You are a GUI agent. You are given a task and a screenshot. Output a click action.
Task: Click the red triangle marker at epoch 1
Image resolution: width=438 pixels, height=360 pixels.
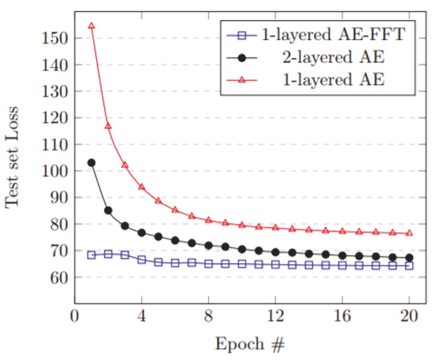pyautogui.click(x=91, y=26)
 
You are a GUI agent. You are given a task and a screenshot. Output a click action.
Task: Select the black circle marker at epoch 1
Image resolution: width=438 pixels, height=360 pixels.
pyautogui.click(x=91, y=163)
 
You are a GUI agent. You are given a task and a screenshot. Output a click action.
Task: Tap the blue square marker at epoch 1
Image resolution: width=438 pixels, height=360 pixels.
pyautogui.click(x=91, y=255)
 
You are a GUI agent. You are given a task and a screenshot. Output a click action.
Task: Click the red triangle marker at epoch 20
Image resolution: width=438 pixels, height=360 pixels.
pyautogui.click(x=409, y=232)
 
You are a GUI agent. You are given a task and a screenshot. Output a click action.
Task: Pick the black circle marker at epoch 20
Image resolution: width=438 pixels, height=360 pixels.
pyautogui.click(x=409, y=258)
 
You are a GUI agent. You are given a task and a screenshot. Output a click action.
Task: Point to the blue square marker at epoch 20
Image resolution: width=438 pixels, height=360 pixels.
pyautogui.click(x=409, y=266)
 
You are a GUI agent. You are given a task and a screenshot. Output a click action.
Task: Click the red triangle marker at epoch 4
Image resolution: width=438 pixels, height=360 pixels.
pyautogui.click(x=142, y=186)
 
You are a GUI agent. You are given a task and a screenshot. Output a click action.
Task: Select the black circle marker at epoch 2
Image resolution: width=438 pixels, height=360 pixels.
pyautogui.click(x=108, y=210)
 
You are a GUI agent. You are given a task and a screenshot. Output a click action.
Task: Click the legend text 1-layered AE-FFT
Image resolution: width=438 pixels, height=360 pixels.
pyautogui.click(x=336, y=36)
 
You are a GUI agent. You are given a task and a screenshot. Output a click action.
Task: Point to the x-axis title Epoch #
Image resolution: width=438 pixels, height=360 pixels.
pyautogui.click(x=250, y=345)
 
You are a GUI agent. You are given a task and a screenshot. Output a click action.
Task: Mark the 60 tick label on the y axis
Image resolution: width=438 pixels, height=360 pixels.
pyautogui.click(x=57, y=278)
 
